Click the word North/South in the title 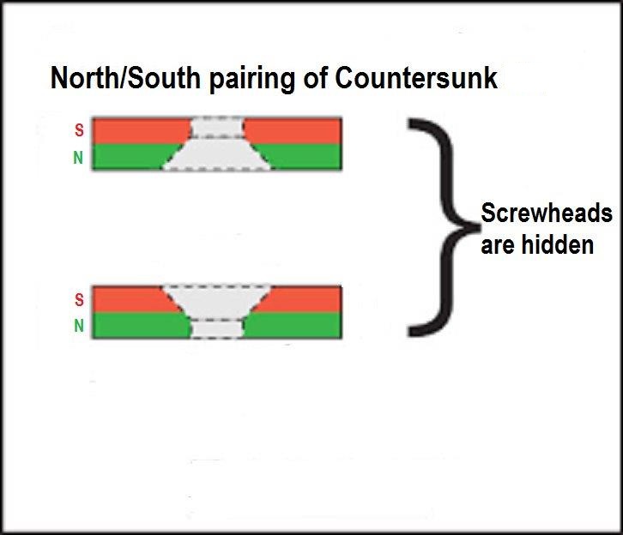point(125,77)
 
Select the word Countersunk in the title point(416,77)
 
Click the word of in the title point(315,77)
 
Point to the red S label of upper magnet point(79,130)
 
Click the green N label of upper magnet point(78,158)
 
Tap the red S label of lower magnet point(79,299)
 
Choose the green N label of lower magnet point(79,326)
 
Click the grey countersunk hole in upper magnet point(217,144)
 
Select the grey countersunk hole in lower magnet point(217,312)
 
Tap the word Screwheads point(547,213)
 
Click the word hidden point(558,244)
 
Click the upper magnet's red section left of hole point(141,130)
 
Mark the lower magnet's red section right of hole point(302,299)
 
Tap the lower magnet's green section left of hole point(141,326)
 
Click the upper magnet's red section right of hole point(293,130)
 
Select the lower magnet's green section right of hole point(293,326)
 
